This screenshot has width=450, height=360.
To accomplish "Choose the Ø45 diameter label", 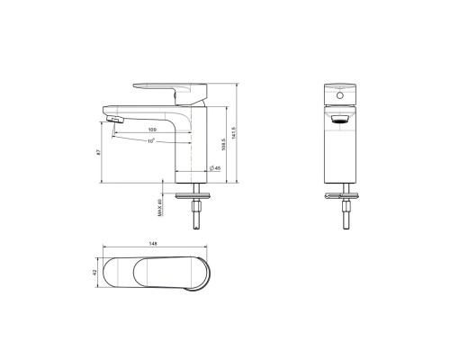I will click(214, 166).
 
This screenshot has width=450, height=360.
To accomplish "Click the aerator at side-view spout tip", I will click(115, 119).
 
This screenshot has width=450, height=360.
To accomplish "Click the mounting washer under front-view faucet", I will click(340, 194).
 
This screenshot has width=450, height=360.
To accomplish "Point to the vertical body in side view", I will click(192, 144).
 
